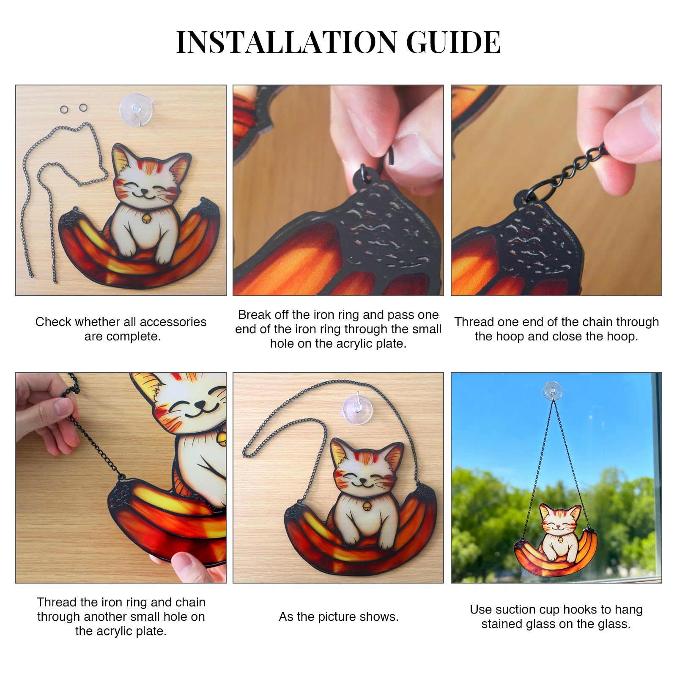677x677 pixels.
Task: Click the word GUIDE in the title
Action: click(453, 42)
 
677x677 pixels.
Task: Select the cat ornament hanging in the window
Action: click(555, 540)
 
